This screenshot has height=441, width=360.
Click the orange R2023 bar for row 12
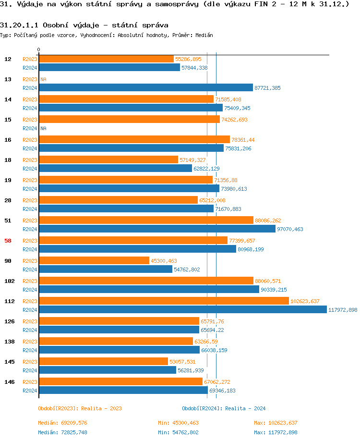[x=106, y=59]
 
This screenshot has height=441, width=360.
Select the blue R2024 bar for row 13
[x=145, y=88]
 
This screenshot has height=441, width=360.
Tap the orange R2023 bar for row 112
[x=164, y=301]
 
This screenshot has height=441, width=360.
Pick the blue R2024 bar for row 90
[x=105, y=269]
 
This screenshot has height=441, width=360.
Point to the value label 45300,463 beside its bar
[x=164, y=261]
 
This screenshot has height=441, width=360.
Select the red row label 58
[x=8, y=241]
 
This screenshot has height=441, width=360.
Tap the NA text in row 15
[x=43, y=128]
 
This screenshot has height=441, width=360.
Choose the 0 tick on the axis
[x=38, y=49]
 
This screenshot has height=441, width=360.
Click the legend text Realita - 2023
[x=101, y=408]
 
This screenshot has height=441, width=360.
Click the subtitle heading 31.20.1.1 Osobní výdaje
[x=84, y=24]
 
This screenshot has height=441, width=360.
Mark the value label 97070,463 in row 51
[x=290, y=229]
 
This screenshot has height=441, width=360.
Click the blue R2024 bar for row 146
[x=123, y=391]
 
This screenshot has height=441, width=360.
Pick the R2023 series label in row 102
[x=30, y=281]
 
